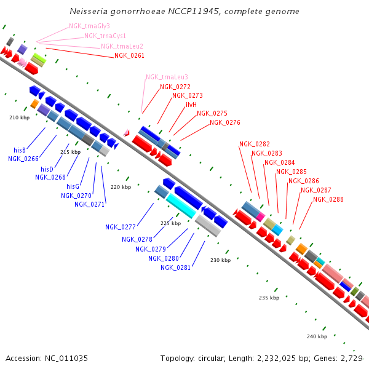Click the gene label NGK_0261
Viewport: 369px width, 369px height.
coord(129,55)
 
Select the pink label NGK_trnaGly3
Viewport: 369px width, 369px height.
coord(89,26)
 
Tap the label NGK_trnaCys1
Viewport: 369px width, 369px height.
coord(105,36)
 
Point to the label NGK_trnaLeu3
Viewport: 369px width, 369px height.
coord(167,77)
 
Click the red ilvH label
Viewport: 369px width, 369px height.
coord(191,105)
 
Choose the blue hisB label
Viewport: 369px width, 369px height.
coord(19,149)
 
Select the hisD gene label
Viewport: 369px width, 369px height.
coord(47,169)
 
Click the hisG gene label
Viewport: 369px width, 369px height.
coord(73,186)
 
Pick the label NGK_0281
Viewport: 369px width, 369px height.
coord(176,268)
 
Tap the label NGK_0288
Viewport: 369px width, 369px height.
coord(328,199)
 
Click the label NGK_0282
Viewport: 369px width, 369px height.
coord(254,144)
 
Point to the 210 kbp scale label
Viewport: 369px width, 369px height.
coord(19,117)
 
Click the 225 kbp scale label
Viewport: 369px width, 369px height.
coord(170,223)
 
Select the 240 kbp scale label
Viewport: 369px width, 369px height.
coord(317,336)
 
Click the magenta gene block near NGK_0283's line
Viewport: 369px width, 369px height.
coord(261,216)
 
